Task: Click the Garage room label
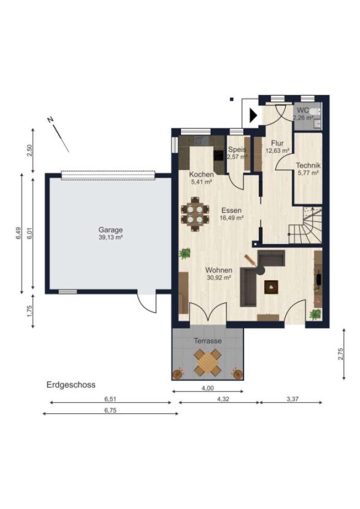tap(110, 230)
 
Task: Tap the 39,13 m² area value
tap(110, 237)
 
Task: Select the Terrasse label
tap(208, 341)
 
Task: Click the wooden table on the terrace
tap(208, 361)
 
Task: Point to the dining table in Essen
tap(195, 214)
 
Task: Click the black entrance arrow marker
tap(253, 115)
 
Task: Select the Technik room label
tap(308, 165)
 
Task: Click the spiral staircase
tap(306, 224)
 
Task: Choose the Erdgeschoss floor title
tap(71, 385)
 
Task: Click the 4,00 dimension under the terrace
tap(208, 388)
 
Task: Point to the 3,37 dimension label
tap(292, 399)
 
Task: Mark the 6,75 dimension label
tap(110, 410)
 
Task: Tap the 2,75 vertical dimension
tap(340, 354)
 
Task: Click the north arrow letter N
tap(50, 120)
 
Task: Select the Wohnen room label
tap(219, 270)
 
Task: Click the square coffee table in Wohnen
tap(271, 287)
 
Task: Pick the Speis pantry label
tap(237, 150)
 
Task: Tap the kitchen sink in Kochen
tap(202, 140)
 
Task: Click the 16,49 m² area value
tap(231, 218)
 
